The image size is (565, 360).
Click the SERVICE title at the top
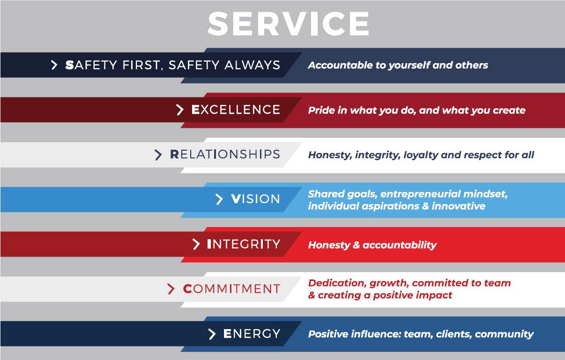click(288, 23)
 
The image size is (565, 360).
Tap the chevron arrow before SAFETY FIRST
click(54, 65)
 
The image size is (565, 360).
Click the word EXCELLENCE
click(236, 110)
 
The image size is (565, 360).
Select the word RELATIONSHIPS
click(225, 154)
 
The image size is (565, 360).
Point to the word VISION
click(255, 199)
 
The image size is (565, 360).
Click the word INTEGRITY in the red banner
click(243, 244)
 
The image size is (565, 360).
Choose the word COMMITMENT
click(231, 289)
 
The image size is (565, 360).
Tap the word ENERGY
click(252, 334)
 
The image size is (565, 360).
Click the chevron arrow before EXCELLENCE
click(180, 110)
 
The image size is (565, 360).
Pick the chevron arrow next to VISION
click(219, 199)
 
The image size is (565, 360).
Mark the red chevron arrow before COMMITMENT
click(171, 289)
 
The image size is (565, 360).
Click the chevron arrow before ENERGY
click(212, 334)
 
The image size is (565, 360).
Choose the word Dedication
click(337, 283)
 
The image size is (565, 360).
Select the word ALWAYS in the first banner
click(253, 65)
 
